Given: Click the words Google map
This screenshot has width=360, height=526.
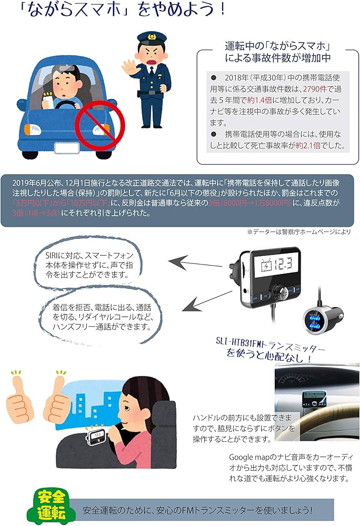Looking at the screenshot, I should pyautogui.click(x=251, y=457).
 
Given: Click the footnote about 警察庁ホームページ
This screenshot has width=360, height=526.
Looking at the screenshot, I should pyautogui.click(x=298, y=231).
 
